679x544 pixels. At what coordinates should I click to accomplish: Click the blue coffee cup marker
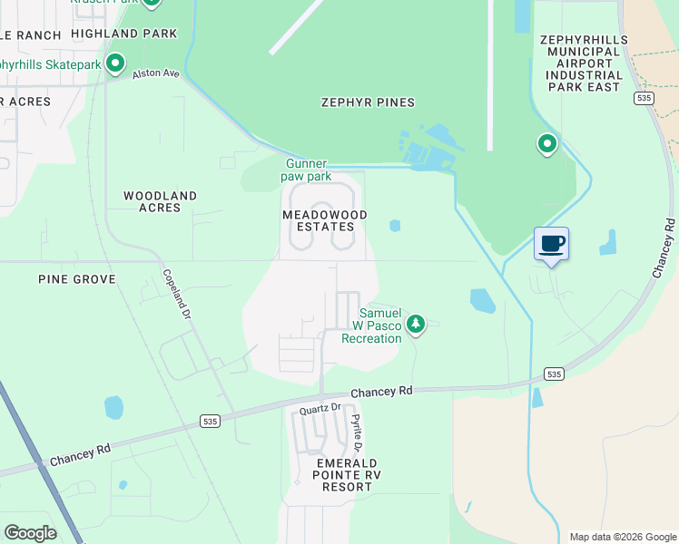coord(551,243)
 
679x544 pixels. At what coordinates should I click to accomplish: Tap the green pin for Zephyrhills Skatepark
coord(115,64)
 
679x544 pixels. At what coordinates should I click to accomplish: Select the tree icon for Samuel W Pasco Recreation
coord(416,324)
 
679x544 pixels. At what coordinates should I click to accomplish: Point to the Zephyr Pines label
coord(368,102)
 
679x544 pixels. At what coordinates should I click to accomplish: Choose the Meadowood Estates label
coord(325,220)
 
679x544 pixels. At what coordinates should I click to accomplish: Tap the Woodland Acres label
coord(160,201)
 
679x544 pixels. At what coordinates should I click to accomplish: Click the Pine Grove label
coord(77,279)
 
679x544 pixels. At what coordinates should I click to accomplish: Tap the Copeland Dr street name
coord(177,294)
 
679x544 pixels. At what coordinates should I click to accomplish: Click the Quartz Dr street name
coord(320,409)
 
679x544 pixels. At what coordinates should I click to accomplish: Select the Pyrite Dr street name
coord(357,433)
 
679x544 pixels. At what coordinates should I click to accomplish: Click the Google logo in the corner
coord(30,533)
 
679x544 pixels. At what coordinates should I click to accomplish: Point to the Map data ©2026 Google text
coord(622,537)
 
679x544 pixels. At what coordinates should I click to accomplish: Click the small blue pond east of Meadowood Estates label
coord(394,226)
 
